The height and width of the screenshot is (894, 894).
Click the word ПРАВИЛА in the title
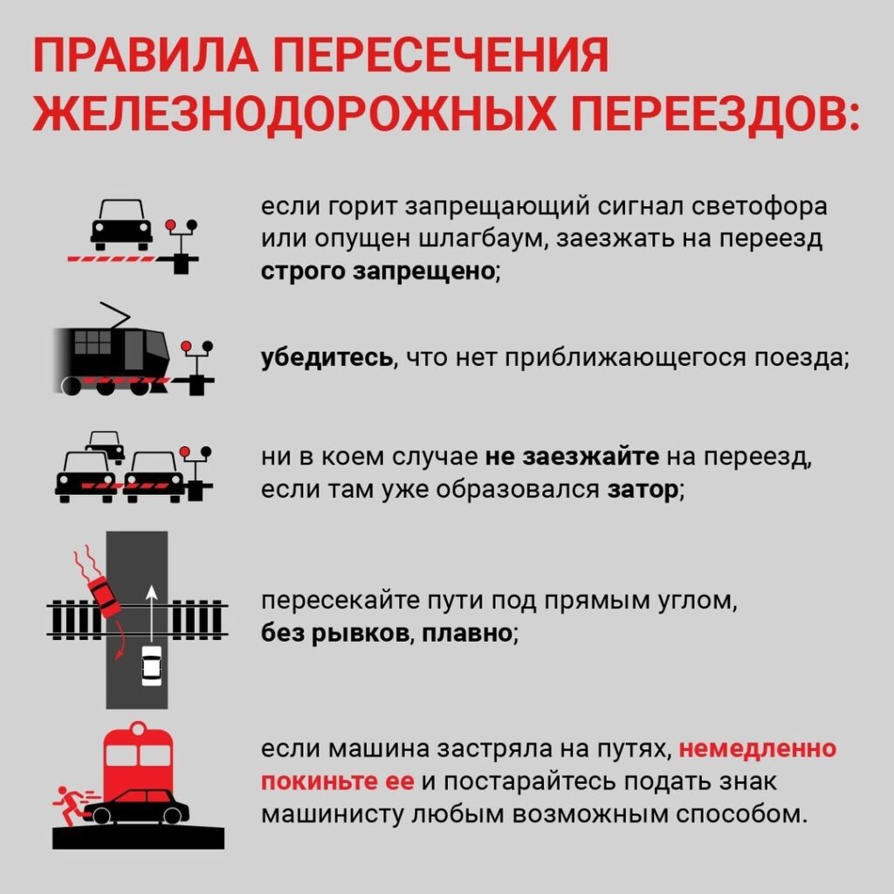[146, 55]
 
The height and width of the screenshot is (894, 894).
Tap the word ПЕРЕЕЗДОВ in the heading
[716, 113]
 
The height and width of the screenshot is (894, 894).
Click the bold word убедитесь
[327, 357]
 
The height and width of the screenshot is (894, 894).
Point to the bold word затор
[643, 489]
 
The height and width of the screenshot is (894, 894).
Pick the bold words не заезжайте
[572, 457]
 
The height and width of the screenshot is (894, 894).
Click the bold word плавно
[467, 633]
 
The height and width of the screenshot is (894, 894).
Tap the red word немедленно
[758, 748]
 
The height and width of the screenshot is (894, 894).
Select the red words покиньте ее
[338, 781]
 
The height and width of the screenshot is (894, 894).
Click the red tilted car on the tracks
[105, 596]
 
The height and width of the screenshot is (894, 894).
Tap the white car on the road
[151, 665]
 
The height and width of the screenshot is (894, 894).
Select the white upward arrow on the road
[151, 614]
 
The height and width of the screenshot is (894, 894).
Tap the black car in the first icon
[121, 224]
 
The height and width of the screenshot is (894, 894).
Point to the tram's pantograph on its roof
[114, 315]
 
